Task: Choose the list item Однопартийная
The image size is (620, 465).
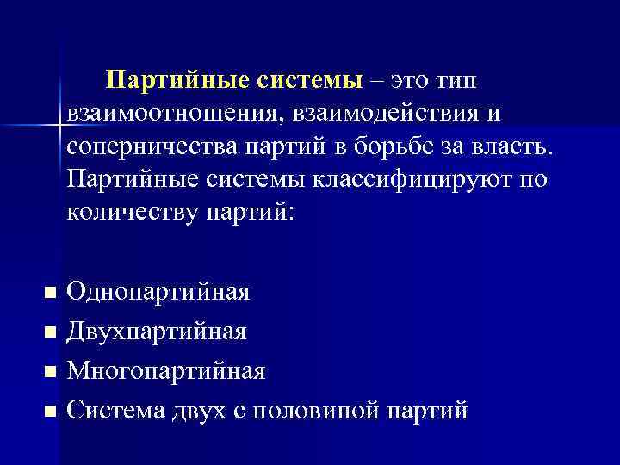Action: pos(158,292)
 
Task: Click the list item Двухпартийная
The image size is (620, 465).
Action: pos(157,332)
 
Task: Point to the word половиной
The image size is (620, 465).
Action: pos(328,411)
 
